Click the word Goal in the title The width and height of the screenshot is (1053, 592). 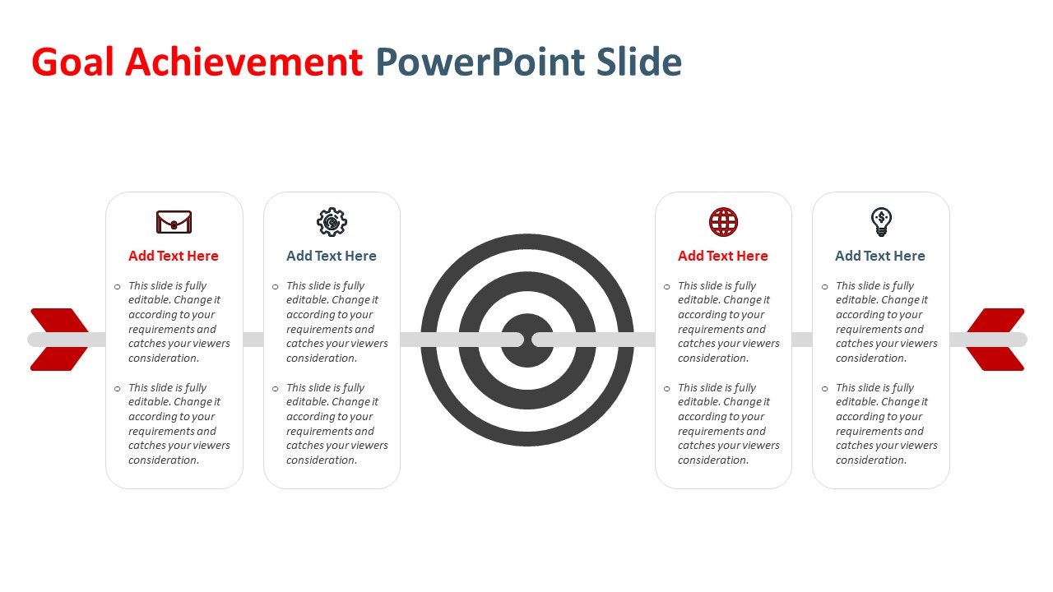(x=73, y=62)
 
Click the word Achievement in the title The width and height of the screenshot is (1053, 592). (x=244, y=62)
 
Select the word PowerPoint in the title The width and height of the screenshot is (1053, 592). (x=480, y=62)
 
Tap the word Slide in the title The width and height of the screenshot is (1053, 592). (x=639, y=62)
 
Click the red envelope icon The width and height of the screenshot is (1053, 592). (x=174, y=222)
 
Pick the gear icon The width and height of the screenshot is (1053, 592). (x=332, y=222)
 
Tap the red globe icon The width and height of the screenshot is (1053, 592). (x=723, y=222)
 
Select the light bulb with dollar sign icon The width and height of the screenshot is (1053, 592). (x=881, y=222)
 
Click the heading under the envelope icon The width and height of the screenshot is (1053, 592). (x=174, y=256)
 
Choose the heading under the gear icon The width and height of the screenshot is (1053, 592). (x=332, y=256)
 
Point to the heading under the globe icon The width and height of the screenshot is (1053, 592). (x=723, y=256)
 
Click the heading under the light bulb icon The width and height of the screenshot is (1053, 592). (x=880, y=256)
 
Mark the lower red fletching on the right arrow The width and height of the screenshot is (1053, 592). (x=995, y=359)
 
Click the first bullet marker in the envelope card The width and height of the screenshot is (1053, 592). (x=118, y=287)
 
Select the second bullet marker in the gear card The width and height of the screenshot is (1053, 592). (x=276, y=389)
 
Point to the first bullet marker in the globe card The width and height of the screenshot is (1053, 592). (x=667, y=287)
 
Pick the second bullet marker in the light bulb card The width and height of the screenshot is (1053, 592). (x=825, y=389)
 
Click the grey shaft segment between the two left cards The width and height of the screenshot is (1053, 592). (x=253, y=340)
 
